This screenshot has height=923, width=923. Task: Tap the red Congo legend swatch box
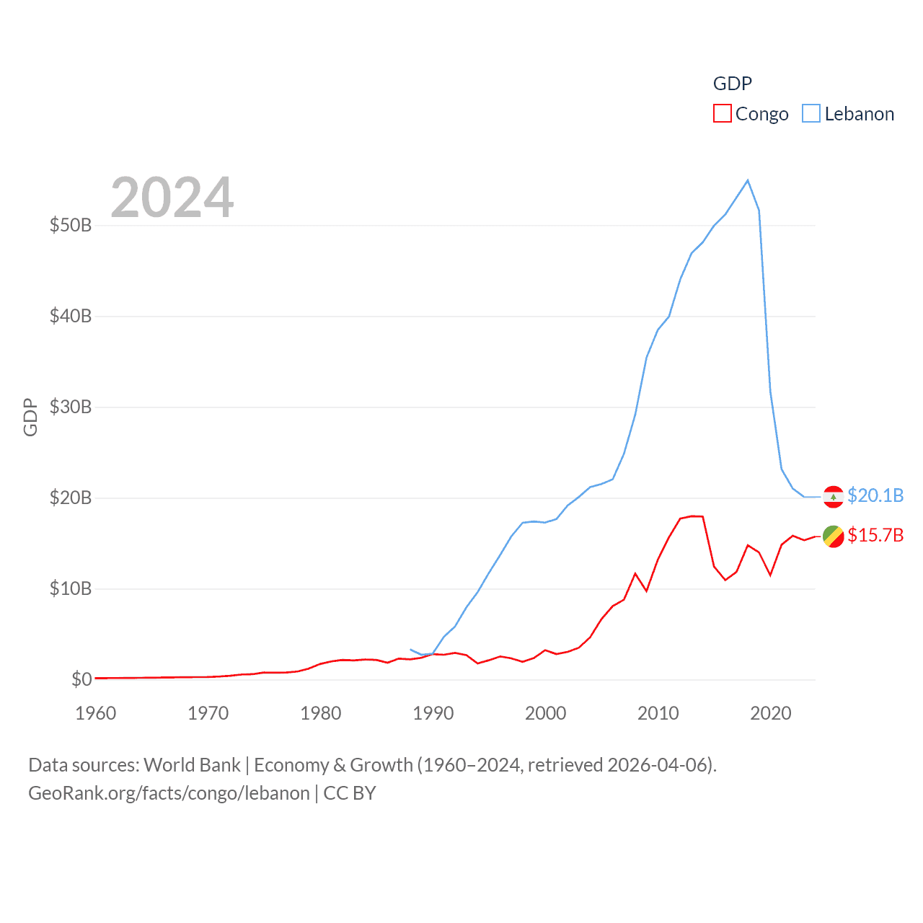723,114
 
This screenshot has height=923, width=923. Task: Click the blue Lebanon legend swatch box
811,114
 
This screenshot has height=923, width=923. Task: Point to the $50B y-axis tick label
71,225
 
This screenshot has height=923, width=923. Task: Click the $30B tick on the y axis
71,407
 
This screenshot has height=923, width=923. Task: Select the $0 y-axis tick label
81,679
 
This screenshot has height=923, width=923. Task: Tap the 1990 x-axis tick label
433,713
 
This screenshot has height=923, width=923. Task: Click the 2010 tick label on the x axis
658,713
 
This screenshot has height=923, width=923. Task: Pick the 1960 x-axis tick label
96,713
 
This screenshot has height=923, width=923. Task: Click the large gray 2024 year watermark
172,198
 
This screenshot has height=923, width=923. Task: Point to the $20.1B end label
875,495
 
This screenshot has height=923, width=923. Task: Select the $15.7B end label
875,535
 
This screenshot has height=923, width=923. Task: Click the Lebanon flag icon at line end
833,497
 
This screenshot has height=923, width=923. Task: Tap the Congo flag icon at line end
833,536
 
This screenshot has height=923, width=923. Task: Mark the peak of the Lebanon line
748,180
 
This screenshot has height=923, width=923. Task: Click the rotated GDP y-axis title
30,418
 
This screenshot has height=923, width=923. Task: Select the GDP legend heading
733,84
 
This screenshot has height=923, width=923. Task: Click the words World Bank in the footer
192,764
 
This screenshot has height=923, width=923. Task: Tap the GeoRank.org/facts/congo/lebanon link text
169,793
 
